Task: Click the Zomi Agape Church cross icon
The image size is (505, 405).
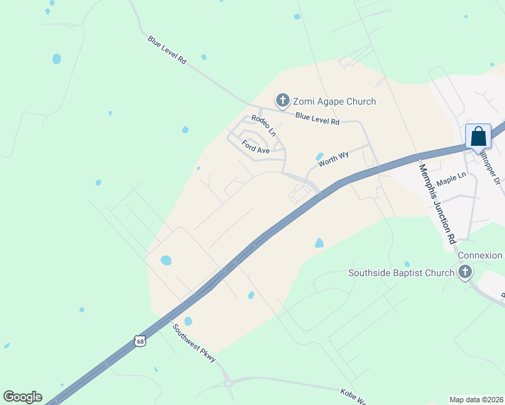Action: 282,101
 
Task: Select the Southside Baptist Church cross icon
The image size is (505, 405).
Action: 464,273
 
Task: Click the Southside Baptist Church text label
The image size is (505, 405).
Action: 401,273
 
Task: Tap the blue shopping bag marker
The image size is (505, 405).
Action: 478,137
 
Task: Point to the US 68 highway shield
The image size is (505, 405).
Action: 140,342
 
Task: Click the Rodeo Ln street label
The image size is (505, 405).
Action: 263,126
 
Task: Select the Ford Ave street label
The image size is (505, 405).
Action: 256,146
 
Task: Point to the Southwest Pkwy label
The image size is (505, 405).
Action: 194,344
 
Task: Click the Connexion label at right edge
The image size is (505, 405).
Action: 480,256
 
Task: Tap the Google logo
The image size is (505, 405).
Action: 22,397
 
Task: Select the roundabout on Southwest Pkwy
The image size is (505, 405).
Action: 228,383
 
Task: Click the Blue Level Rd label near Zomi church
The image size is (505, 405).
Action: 317,119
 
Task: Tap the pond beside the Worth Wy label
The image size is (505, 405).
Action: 319,157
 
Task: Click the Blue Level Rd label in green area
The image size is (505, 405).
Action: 167,50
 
